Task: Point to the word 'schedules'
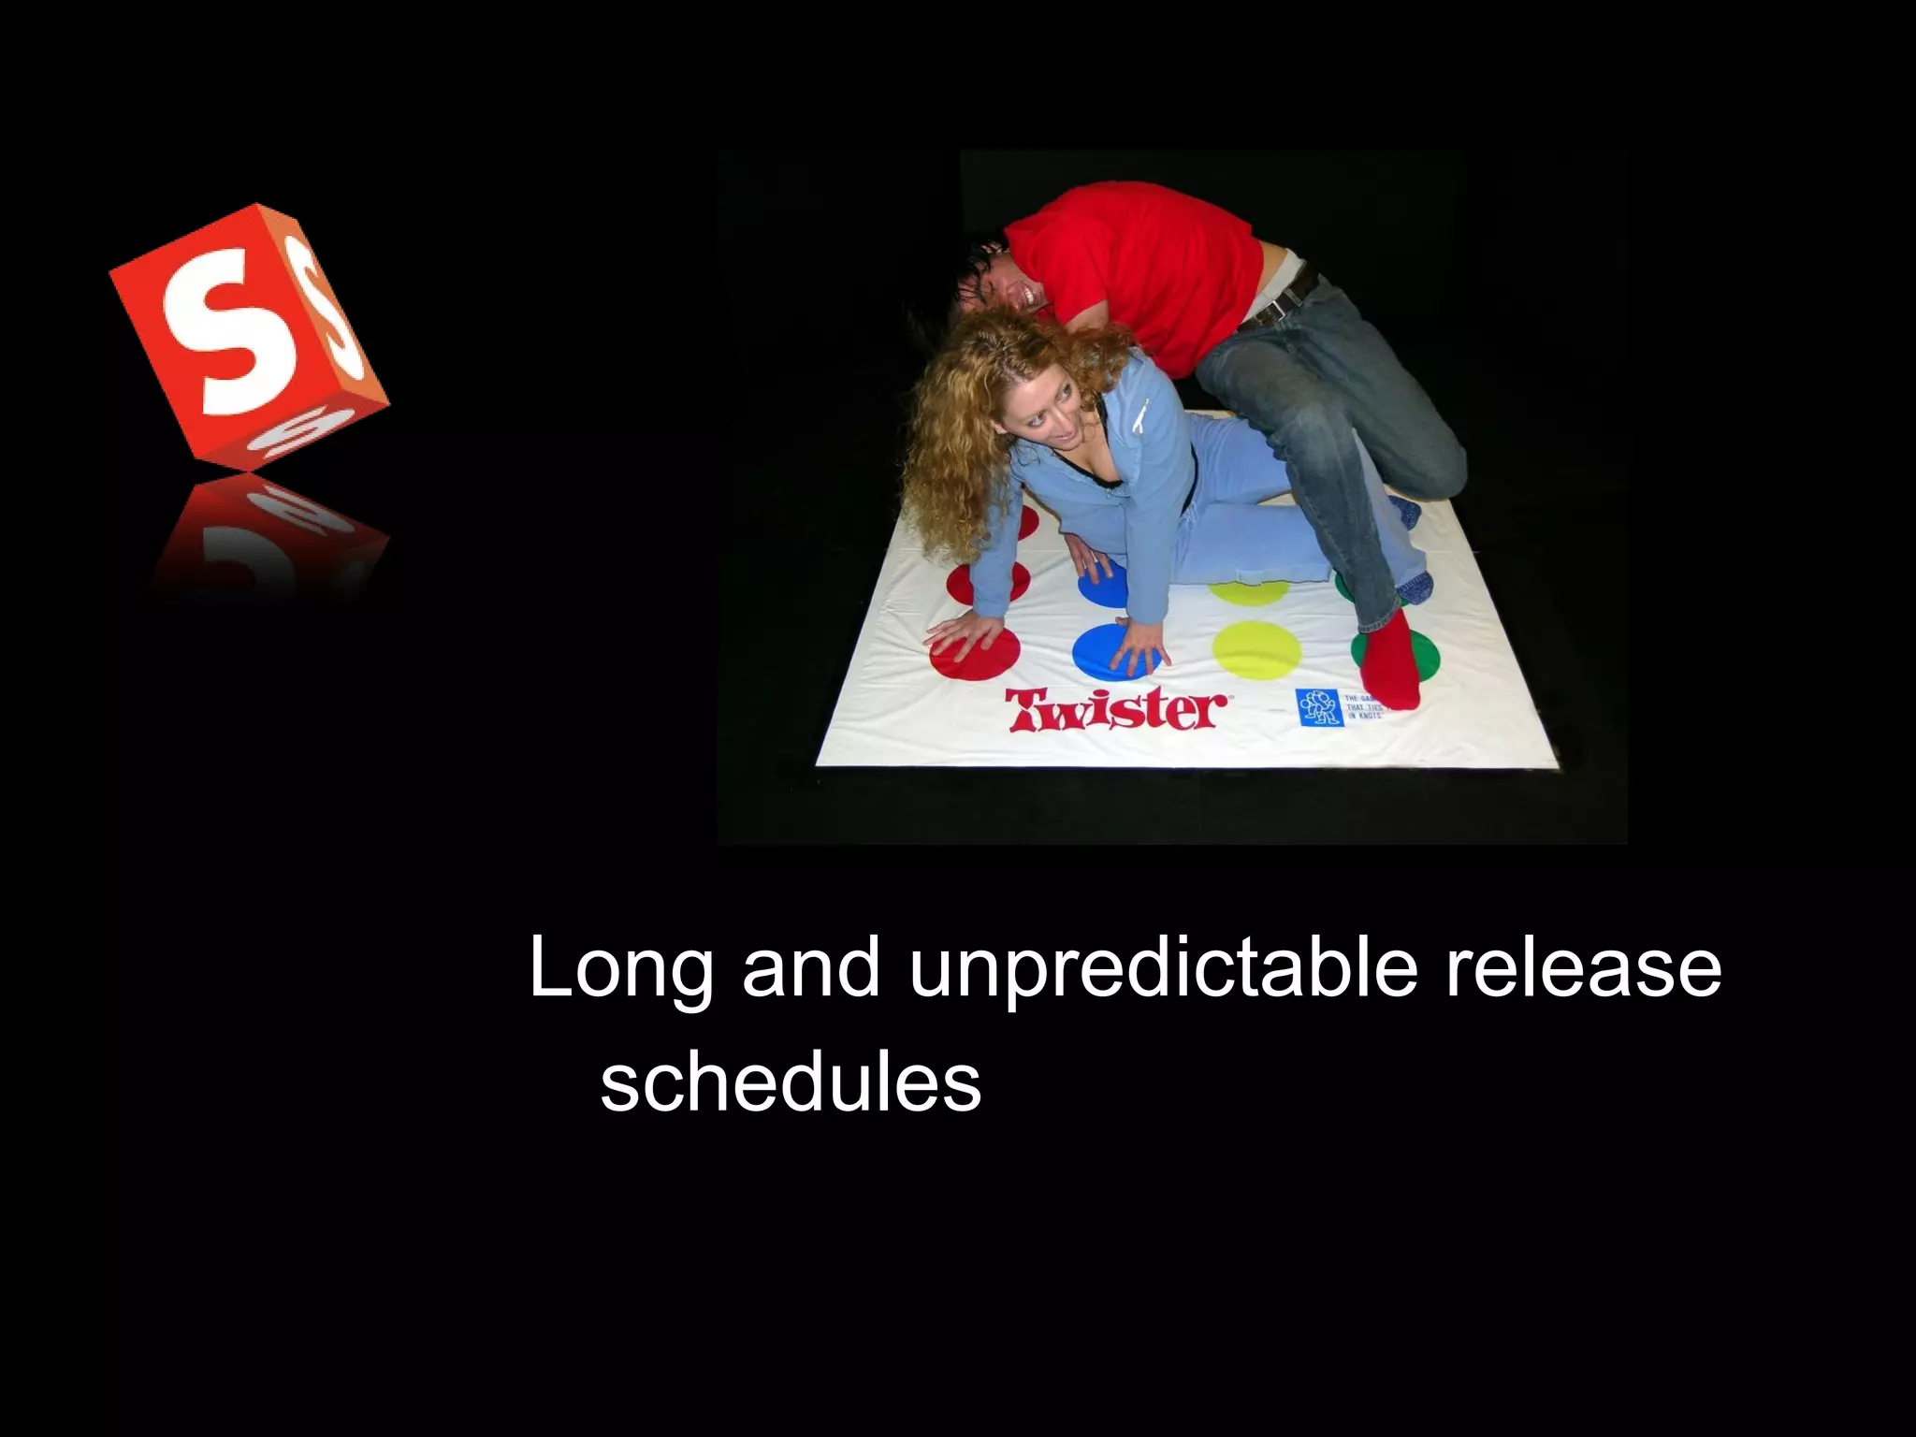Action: pos(791,1083)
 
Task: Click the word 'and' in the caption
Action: pos(811,968)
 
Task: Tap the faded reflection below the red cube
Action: pos(267,533)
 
